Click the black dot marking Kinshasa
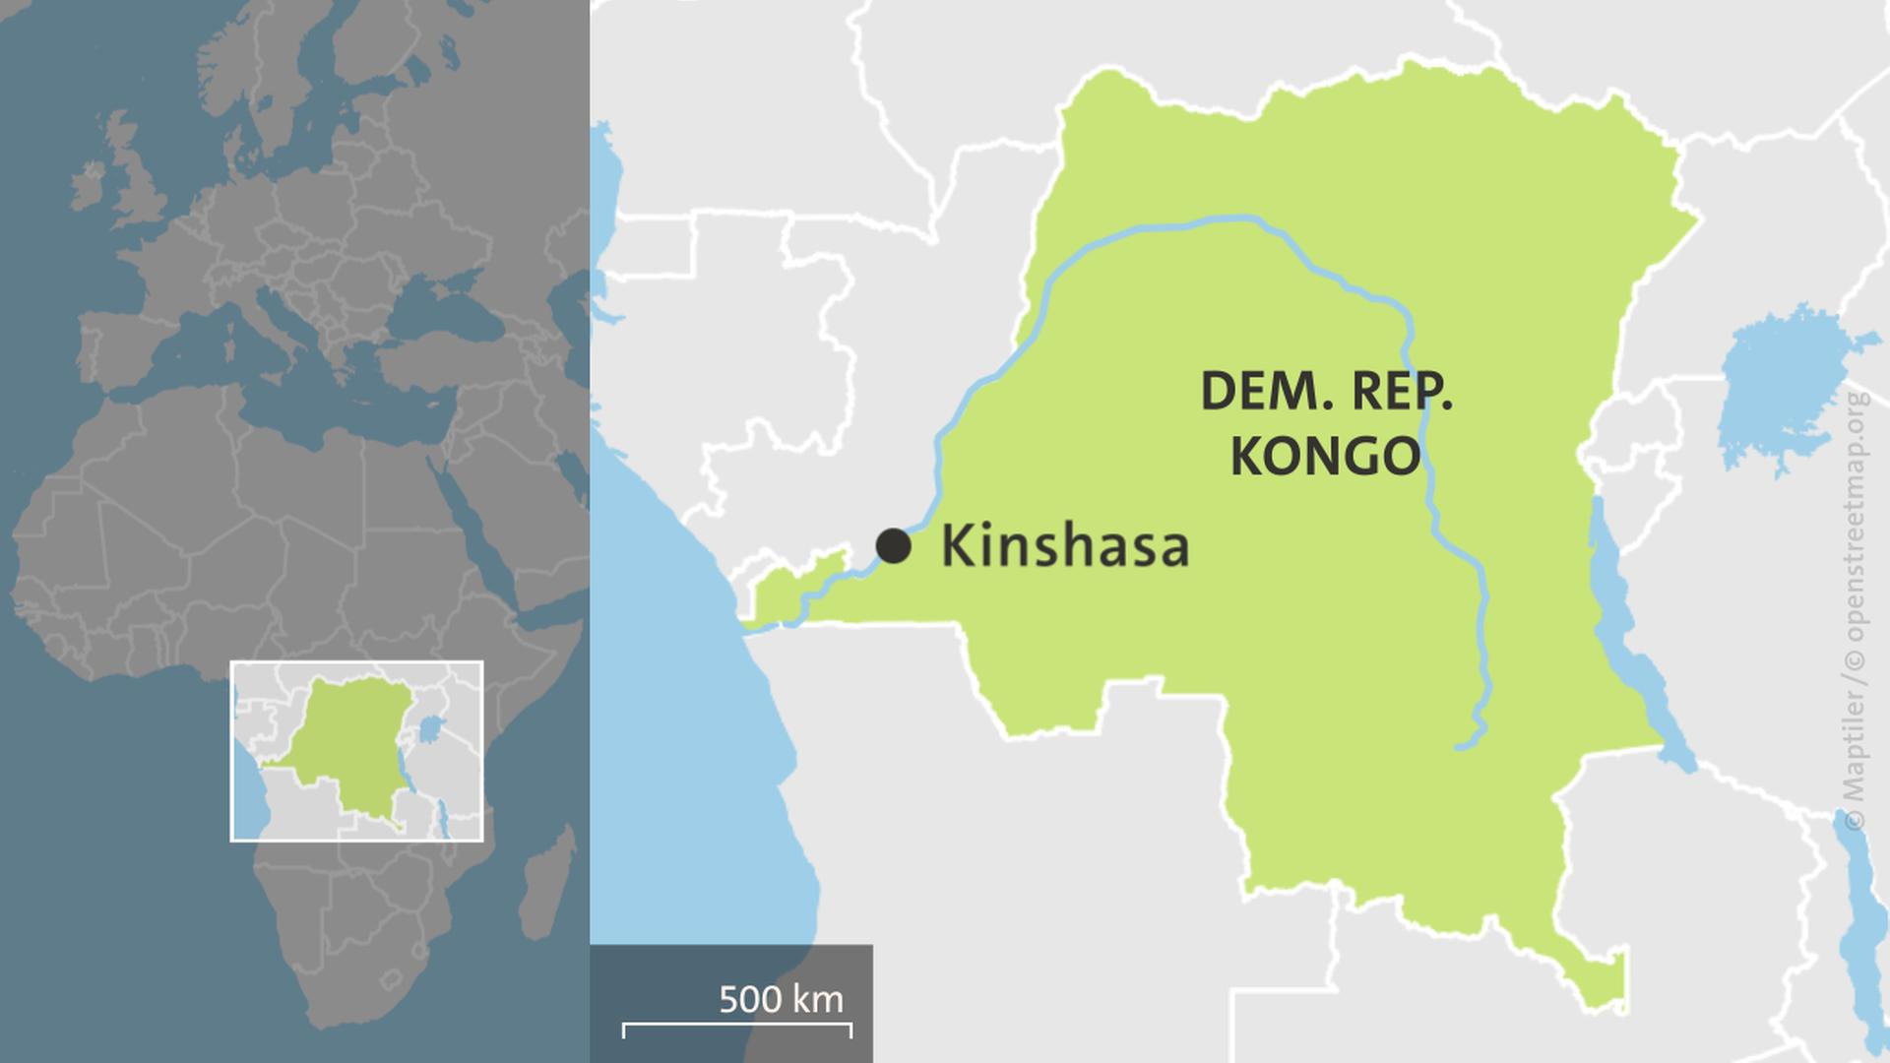[x=893, y=545]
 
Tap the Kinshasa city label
[x=1065, y=547]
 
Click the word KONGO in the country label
[x=1326, y=456]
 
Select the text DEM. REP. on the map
[x=1326, y=392]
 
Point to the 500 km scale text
[x=781, y=999]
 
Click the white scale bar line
[x=736, y=1030]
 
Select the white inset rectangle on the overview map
[x=356, y=663]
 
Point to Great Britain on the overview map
[x=138, y=187]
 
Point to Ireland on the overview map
[x=87, y=187]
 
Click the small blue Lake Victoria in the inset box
[x=429, y=729]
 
